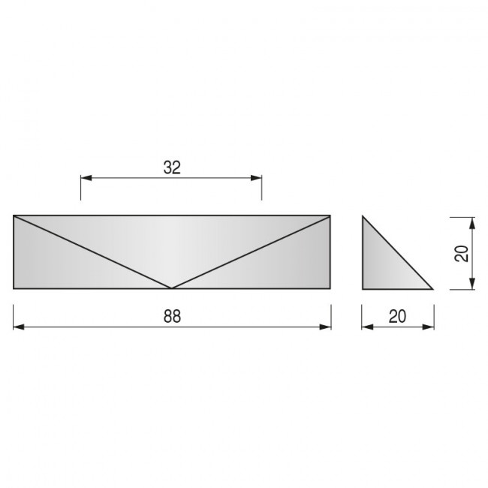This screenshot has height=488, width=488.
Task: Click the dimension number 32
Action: (172, 167)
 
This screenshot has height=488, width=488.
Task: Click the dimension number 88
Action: (172, 317)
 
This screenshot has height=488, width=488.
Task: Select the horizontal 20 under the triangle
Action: (397, 317)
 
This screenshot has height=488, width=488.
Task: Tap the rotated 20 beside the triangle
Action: (462, 254)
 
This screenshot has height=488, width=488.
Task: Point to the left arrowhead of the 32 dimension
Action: (86, 178)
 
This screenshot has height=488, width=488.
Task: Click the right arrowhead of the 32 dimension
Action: (256, 178)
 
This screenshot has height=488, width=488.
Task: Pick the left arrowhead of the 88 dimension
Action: (19, 327)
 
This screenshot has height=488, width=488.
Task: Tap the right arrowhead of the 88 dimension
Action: (325, 327)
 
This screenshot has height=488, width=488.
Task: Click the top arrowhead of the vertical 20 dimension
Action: (472, 223)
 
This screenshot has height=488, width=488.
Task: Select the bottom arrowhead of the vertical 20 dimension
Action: (472, 284)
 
